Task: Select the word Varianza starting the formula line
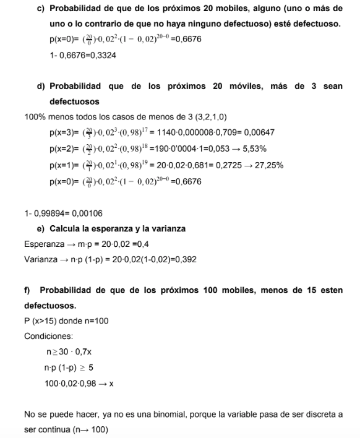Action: tap(41, 259)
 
